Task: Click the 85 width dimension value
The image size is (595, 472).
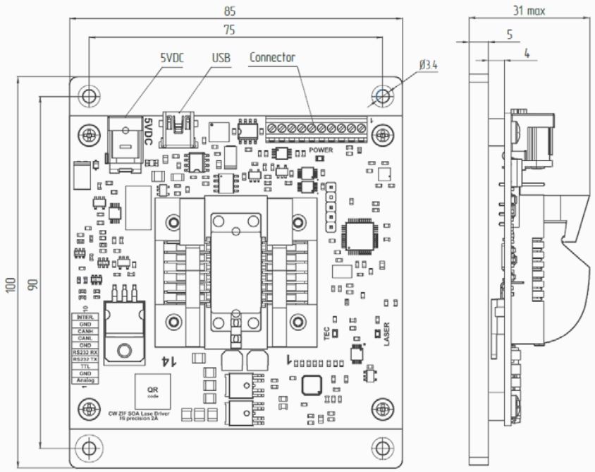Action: coord(230,11)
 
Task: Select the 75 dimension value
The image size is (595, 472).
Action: coord(230,30)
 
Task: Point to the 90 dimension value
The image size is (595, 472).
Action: coord(32,284)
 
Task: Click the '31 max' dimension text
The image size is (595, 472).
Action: coord(528,11)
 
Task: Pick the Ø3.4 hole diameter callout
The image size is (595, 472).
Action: coord(428,64)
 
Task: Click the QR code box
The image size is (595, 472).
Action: coord(152,392)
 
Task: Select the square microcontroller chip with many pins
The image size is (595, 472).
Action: coord(360,237)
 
